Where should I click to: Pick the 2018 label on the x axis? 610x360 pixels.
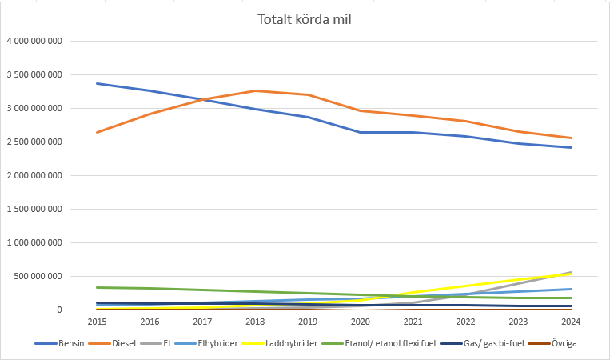[x=254, y=322]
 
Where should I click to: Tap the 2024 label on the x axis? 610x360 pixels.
[x=571, y=322]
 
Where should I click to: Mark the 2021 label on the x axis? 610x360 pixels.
[x=413, y=322]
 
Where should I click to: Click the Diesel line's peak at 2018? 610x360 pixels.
[x=254, y=90]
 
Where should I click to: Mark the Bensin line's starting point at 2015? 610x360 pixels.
[x=96, y=83]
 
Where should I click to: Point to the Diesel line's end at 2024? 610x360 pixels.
[x=571, y=138]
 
